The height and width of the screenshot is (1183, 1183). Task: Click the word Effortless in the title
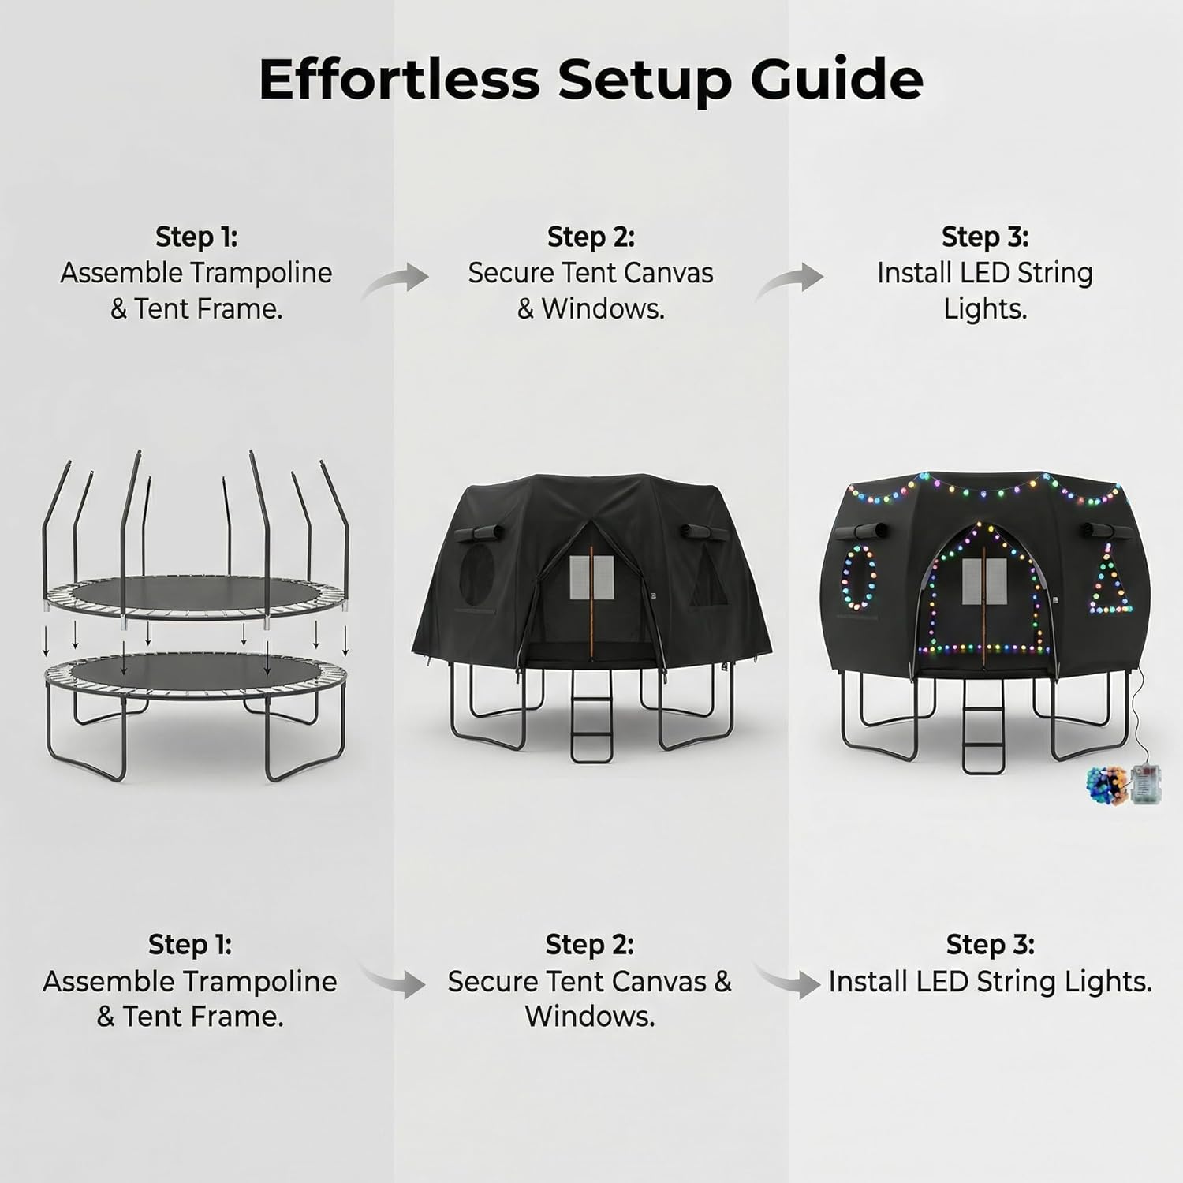point(398,79)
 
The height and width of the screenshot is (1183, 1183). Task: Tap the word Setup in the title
point(644,79)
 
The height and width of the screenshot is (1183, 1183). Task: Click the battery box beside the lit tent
point(1144,784)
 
